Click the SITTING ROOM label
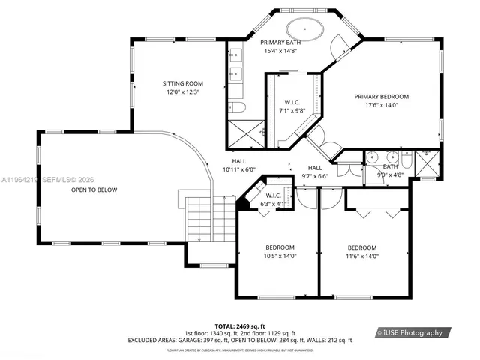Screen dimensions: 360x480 [x=184, y=83]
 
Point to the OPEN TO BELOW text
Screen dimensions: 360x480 [x=94, y=190]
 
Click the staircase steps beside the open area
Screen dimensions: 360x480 [x=201, y=218]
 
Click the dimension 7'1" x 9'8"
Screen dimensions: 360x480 [x=291, y=110]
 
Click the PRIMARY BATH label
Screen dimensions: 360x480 [x=281, y=43]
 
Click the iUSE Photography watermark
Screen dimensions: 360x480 [x=412, y=332]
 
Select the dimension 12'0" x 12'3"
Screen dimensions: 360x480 [x=184, y=91]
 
